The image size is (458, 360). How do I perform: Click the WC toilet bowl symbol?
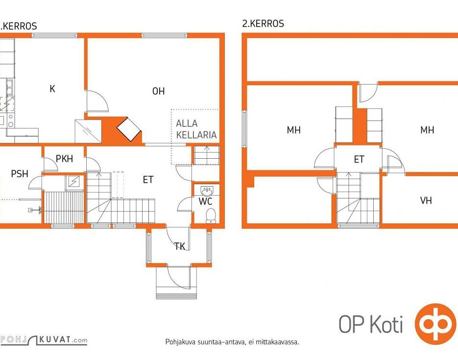(x=211, y=216)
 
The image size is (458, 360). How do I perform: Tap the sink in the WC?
(x=207, y=191)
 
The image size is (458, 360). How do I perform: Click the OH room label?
(x=158, y=91)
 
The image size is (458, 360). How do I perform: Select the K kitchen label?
(x=52, y=89)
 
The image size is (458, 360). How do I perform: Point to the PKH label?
(x=64, y=159)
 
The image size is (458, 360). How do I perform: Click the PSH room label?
(x=20, y=174)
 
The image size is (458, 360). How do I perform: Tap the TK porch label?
(x=180, y=246)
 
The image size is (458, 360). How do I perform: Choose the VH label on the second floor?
(x=426, y=200)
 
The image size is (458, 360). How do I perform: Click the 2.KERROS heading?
(x=263, y=24)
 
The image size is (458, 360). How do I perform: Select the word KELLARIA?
(x=196, y=135)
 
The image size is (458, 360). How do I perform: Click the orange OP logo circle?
(x=435, y=324)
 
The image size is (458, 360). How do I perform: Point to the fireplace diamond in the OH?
(x=129, y=129)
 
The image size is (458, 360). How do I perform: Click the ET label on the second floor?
(x=359, y=159)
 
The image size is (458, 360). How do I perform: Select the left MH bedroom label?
(x=293, y=130)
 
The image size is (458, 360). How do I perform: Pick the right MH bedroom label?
(x=427, y=130)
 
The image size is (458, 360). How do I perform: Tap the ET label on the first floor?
(x=148, y=180)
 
